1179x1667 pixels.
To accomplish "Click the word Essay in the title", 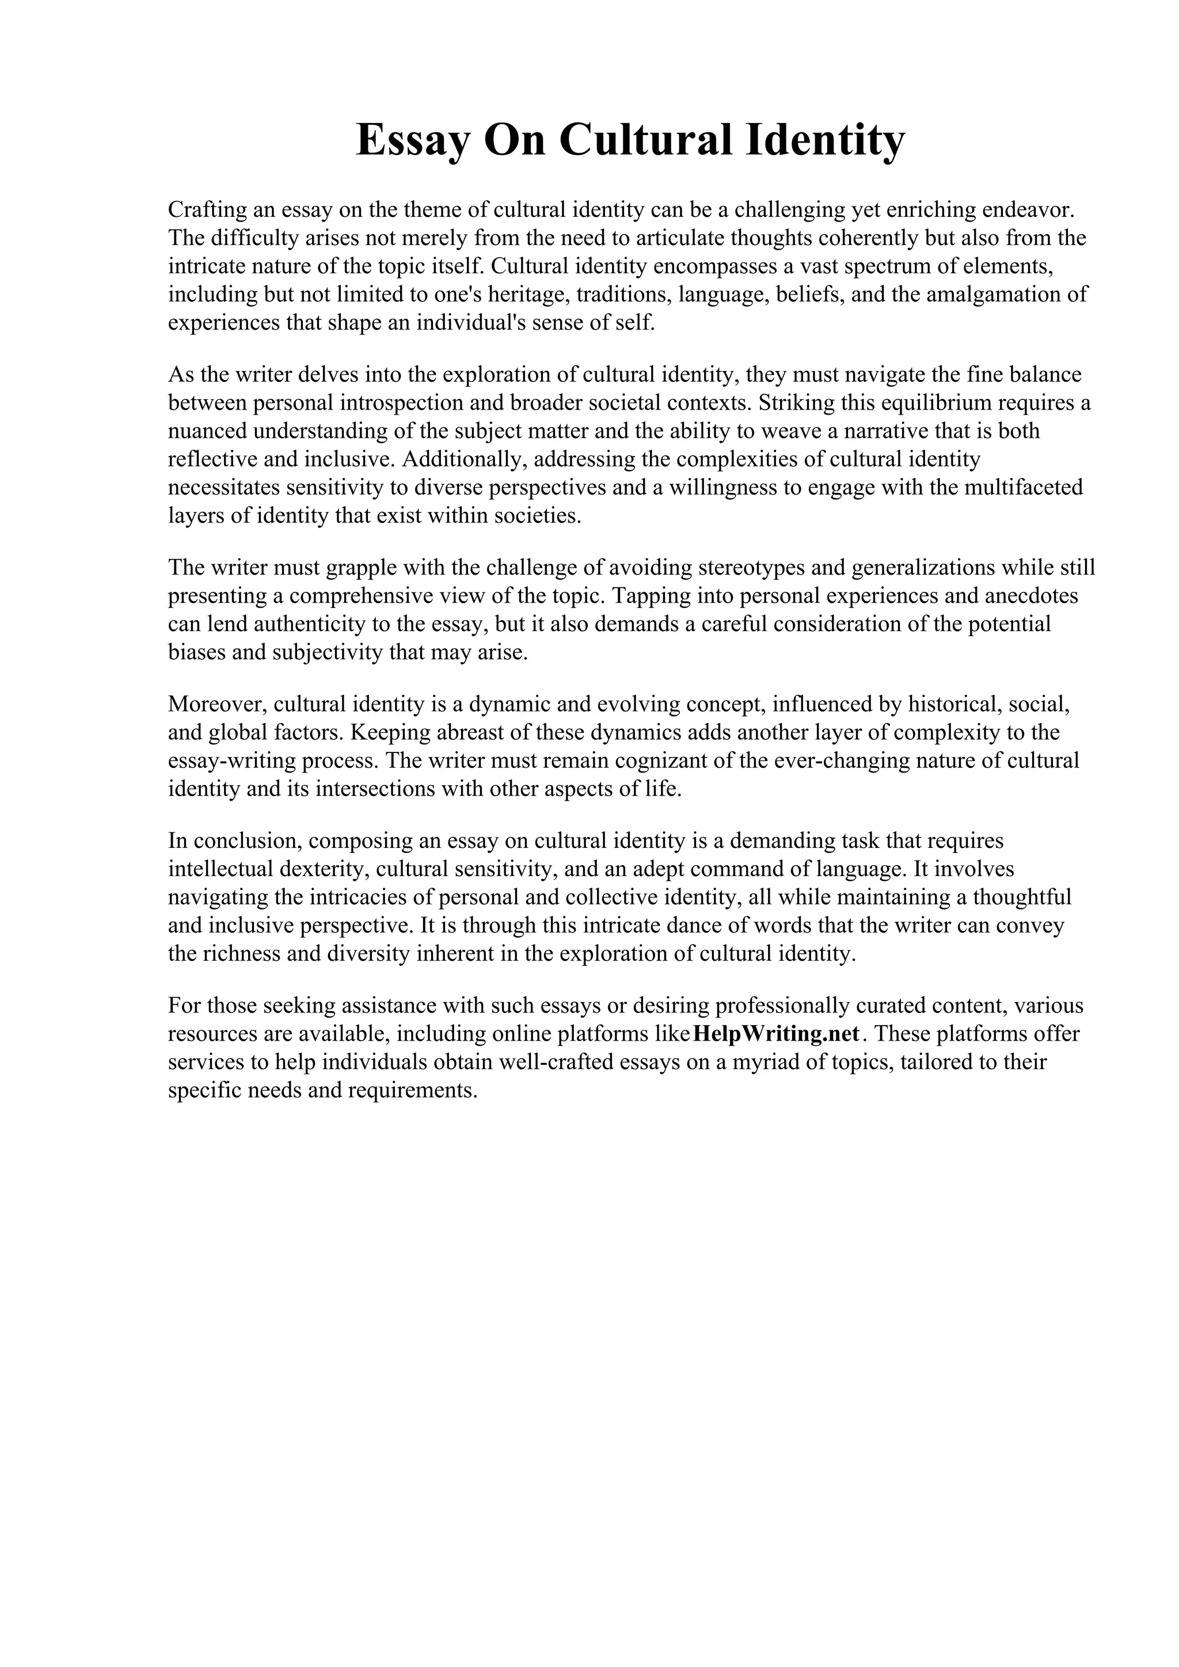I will pyautogui.click(x=413, y=141).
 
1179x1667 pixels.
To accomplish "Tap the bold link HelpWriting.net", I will pyautogui.click(x=777, y=1033).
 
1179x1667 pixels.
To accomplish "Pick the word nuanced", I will pyautogui.click(x=207, y=431).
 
